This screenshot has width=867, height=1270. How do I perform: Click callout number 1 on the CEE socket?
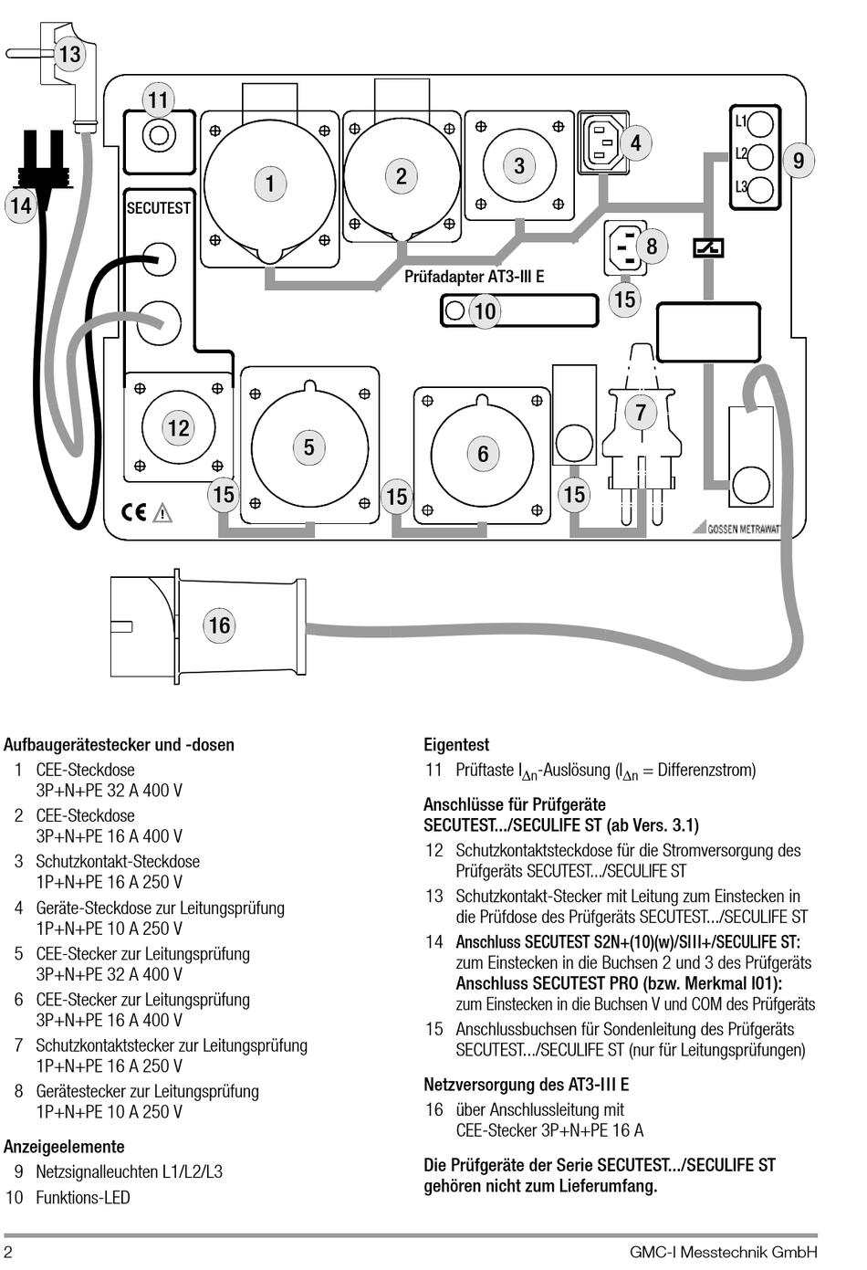270,184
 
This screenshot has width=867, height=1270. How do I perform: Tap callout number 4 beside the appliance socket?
635,142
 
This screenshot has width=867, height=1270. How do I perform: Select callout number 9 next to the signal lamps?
798,161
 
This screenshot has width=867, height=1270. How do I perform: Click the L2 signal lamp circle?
760,157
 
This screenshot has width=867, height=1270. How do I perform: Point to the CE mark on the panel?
134,512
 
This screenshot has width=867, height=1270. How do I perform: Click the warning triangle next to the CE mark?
162,512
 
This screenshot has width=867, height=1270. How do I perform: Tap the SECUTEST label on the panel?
158,208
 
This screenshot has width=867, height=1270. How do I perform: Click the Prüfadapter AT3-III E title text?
474,277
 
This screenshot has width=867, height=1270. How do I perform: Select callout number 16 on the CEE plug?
219,625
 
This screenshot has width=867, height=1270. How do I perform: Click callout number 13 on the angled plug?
69,55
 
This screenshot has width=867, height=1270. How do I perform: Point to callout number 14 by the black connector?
21,205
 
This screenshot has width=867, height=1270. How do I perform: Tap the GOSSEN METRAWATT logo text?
744,529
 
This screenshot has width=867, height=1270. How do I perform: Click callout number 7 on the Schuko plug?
641,412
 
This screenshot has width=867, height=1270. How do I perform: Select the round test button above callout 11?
159,136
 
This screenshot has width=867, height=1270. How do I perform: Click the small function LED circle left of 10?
455,310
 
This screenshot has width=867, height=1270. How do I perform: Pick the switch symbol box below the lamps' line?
708,248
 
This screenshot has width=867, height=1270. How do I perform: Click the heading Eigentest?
456,744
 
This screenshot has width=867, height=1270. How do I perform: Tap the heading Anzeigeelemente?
65,1147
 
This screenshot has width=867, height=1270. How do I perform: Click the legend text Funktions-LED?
83,1198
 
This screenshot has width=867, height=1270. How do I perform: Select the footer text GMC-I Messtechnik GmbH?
724,1252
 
